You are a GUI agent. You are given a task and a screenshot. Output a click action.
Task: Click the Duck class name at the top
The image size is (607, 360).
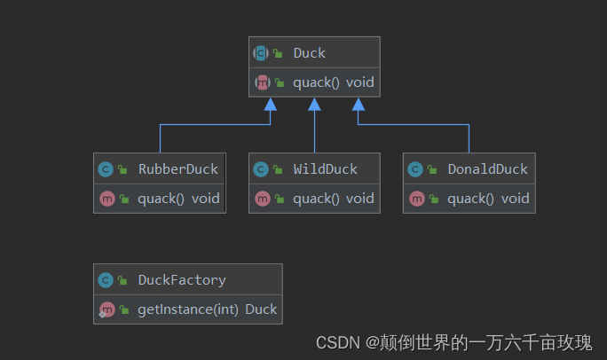pos(310,53)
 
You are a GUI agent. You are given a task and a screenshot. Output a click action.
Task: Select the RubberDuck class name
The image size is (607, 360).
pos(177,168)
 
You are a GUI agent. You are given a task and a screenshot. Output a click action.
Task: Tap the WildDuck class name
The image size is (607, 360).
pos(327,168)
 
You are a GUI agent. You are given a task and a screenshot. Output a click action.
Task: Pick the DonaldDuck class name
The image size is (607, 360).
pos(487,168)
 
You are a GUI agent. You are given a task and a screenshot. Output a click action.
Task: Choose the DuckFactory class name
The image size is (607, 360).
pos(181,280)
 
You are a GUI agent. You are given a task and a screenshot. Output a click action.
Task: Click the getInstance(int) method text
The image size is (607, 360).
pos(188,309)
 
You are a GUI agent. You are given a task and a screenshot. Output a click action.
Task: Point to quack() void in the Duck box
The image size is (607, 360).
pos(334,82)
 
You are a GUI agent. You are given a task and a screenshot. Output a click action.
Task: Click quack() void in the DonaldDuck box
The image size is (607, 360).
pos(488,198)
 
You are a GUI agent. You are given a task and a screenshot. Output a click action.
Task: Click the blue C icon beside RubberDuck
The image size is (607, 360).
pos(105,168)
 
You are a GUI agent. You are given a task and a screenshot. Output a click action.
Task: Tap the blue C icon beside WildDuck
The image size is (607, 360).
pos(260,168)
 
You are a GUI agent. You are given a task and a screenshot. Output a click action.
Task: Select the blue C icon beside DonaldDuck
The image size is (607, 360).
pos(414,168)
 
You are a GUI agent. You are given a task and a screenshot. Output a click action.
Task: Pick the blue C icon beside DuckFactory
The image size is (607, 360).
pos(105,280)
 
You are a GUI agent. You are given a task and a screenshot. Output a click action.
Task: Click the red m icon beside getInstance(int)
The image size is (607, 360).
pos(106,309)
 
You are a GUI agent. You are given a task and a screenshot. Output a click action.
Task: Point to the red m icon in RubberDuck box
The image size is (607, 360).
pos(105,198)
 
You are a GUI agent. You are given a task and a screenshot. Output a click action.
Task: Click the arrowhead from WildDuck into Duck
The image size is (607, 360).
pos(314,105)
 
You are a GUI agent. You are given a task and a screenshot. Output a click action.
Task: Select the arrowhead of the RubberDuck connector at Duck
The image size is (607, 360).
pos(270,105)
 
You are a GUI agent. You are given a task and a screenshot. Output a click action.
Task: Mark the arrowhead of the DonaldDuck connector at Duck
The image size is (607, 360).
pos(359,105)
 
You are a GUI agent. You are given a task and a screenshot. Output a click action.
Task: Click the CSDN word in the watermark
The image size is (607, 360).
pos(336,342)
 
